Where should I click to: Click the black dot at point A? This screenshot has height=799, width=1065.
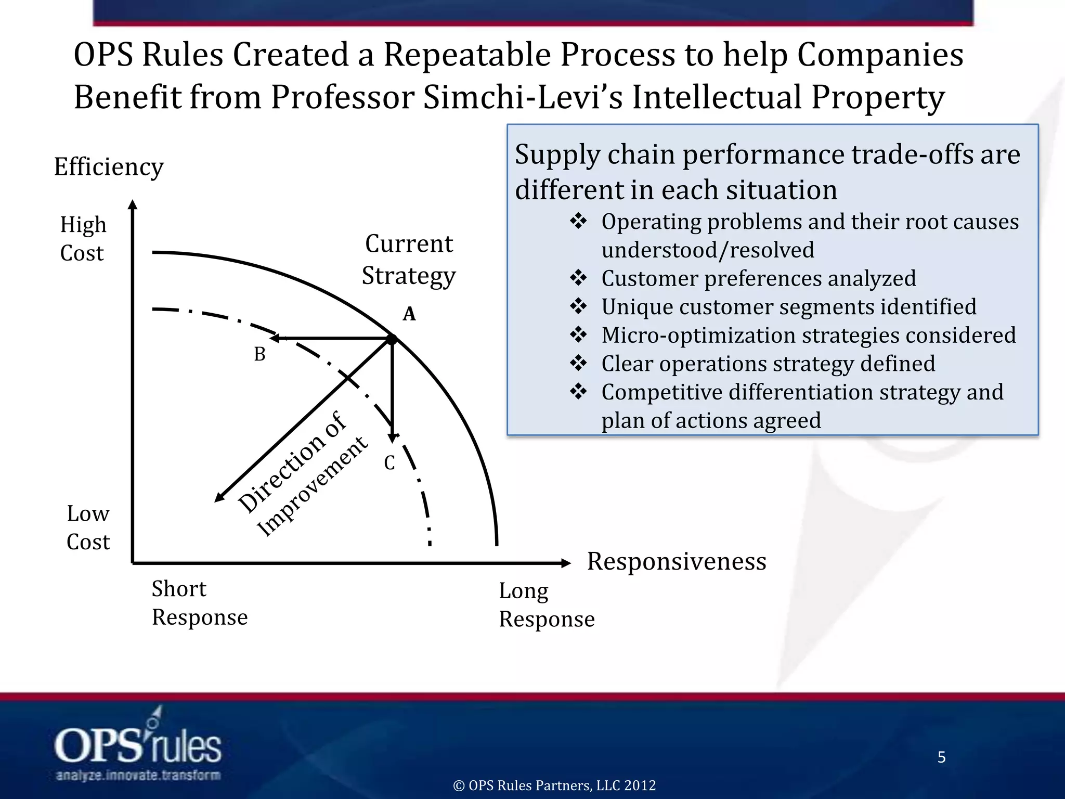tap(392, 339)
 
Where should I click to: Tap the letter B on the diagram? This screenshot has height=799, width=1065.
tap(259, 354)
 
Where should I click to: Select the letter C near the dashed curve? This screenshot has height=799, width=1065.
tap(389, 462)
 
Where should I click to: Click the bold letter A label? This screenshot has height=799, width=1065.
tap(409, 314)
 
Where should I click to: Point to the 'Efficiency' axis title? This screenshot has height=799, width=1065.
tap(109, 167)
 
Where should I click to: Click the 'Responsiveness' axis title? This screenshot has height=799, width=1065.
tap(676, 561)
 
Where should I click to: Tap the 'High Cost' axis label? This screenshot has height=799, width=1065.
tap(83, 239)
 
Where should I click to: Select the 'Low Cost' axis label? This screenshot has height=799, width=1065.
tap(88, 527)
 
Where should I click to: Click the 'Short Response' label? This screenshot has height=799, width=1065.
tap(199, 603)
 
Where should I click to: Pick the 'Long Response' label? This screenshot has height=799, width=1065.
tap(546, 605)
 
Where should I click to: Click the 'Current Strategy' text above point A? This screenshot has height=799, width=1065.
tap(409, 259)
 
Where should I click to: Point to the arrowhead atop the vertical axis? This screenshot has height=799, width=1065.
tap(133, 204)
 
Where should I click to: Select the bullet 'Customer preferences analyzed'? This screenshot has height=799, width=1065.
tap(758, 278)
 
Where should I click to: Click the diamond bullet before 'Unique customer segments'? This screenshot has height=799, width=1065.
tap(578, 306)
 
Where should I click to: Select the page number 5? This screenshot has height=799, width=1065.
tap(941, 757)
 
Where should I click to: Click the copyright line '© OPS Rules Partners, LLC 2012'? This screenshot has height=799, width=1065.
tap(554, 785)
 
